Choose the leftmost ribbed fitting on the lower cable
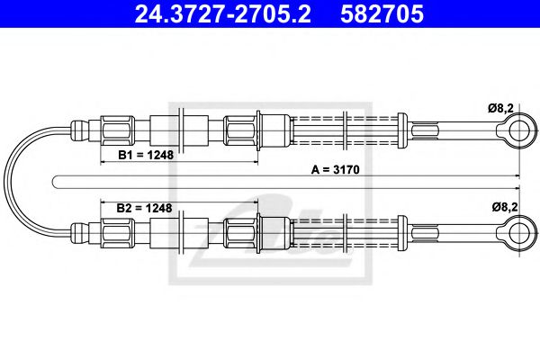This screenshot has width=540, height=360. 117,233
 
